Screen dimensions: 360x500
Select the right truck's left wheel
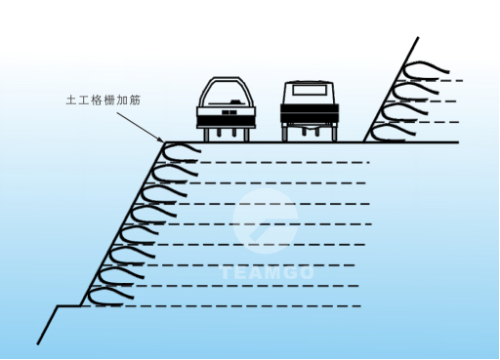click(x=287, y=133)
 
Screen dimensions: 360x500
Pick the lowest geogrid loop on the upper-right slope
click(x=395, y=128)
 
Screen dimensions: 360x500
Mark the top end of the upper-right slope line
click(x=417, y=38)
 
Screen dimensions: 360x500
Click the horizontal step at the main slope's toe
click(x=67, y=306)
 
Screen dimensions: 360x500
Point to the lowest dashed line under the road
click(x=244, y=307)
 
